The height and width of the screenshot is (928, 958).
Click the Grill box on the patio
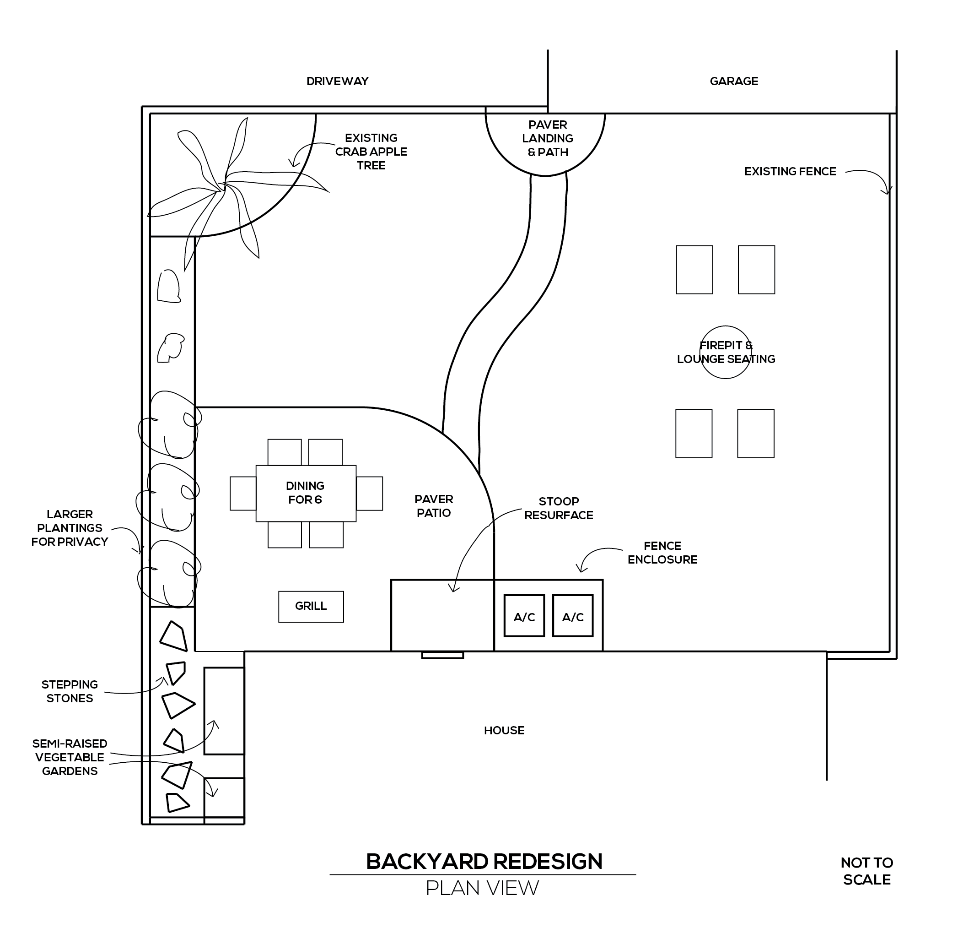pyautogui.click(x=311, y=607)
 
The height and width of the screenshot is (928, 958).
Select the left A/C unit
pyautogui.click(x=524, y=616)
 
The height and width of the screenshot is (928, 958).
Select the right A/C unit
pyautogui.click(x=573, y=616)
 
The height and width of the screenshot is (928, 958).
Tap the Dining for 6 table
pyautogui.click(x=306, y=493)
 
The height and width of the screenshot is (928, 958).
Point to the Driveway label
pyautogui.click(x=337, y=81)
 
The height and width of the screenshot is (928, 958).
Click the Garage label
pyautogui.click(x=734, y=81)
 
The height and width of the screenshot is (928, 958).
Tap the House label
pyautogui.click(x=504, y=730)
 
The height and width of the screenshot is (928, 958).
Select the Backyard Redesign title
pyautogui.click(x=484, y=862)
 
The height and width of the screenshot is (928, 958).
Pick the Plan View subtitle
pyautogui.click(x=482, y=888)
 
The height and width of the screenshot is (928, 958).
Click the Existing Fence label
pyautogui.click(x=790, y=172)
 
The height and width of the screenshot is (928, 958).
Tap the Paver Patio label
pyautogui.click(x=434, y=506)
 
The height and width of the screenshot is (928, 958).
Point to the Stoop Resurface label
pyautogui.click(x=559, y=508)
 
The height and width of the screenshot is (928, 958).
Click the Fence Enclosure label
pyautogui.click(x=662, y=553)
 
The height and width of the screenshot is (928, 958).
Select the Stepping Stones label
pyautogui.click(x=70, y=691)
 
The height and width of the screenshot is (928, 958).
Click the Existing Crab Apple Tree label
pyautogui.click(x=371, y=152)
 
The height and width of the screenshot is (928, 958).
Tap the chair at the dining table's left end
pyautogui.click(x=243, y=493)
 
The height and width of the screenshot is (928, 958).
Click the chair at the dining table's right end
pyautogui.click(x=370, y=493)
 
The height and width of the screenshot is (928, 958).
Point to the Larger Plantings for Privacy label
pyautogui.click(x=70, y=528)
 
